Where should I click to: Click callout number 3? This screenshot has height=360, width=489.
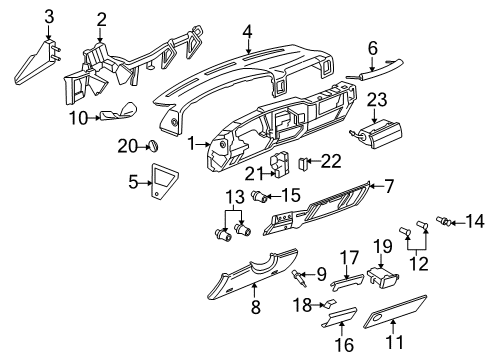click(48, 15)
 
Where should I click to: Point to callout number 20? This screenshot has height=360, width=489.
click(124, 147)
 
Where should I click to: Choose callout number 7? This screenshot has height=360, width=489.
click(389, 185)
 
